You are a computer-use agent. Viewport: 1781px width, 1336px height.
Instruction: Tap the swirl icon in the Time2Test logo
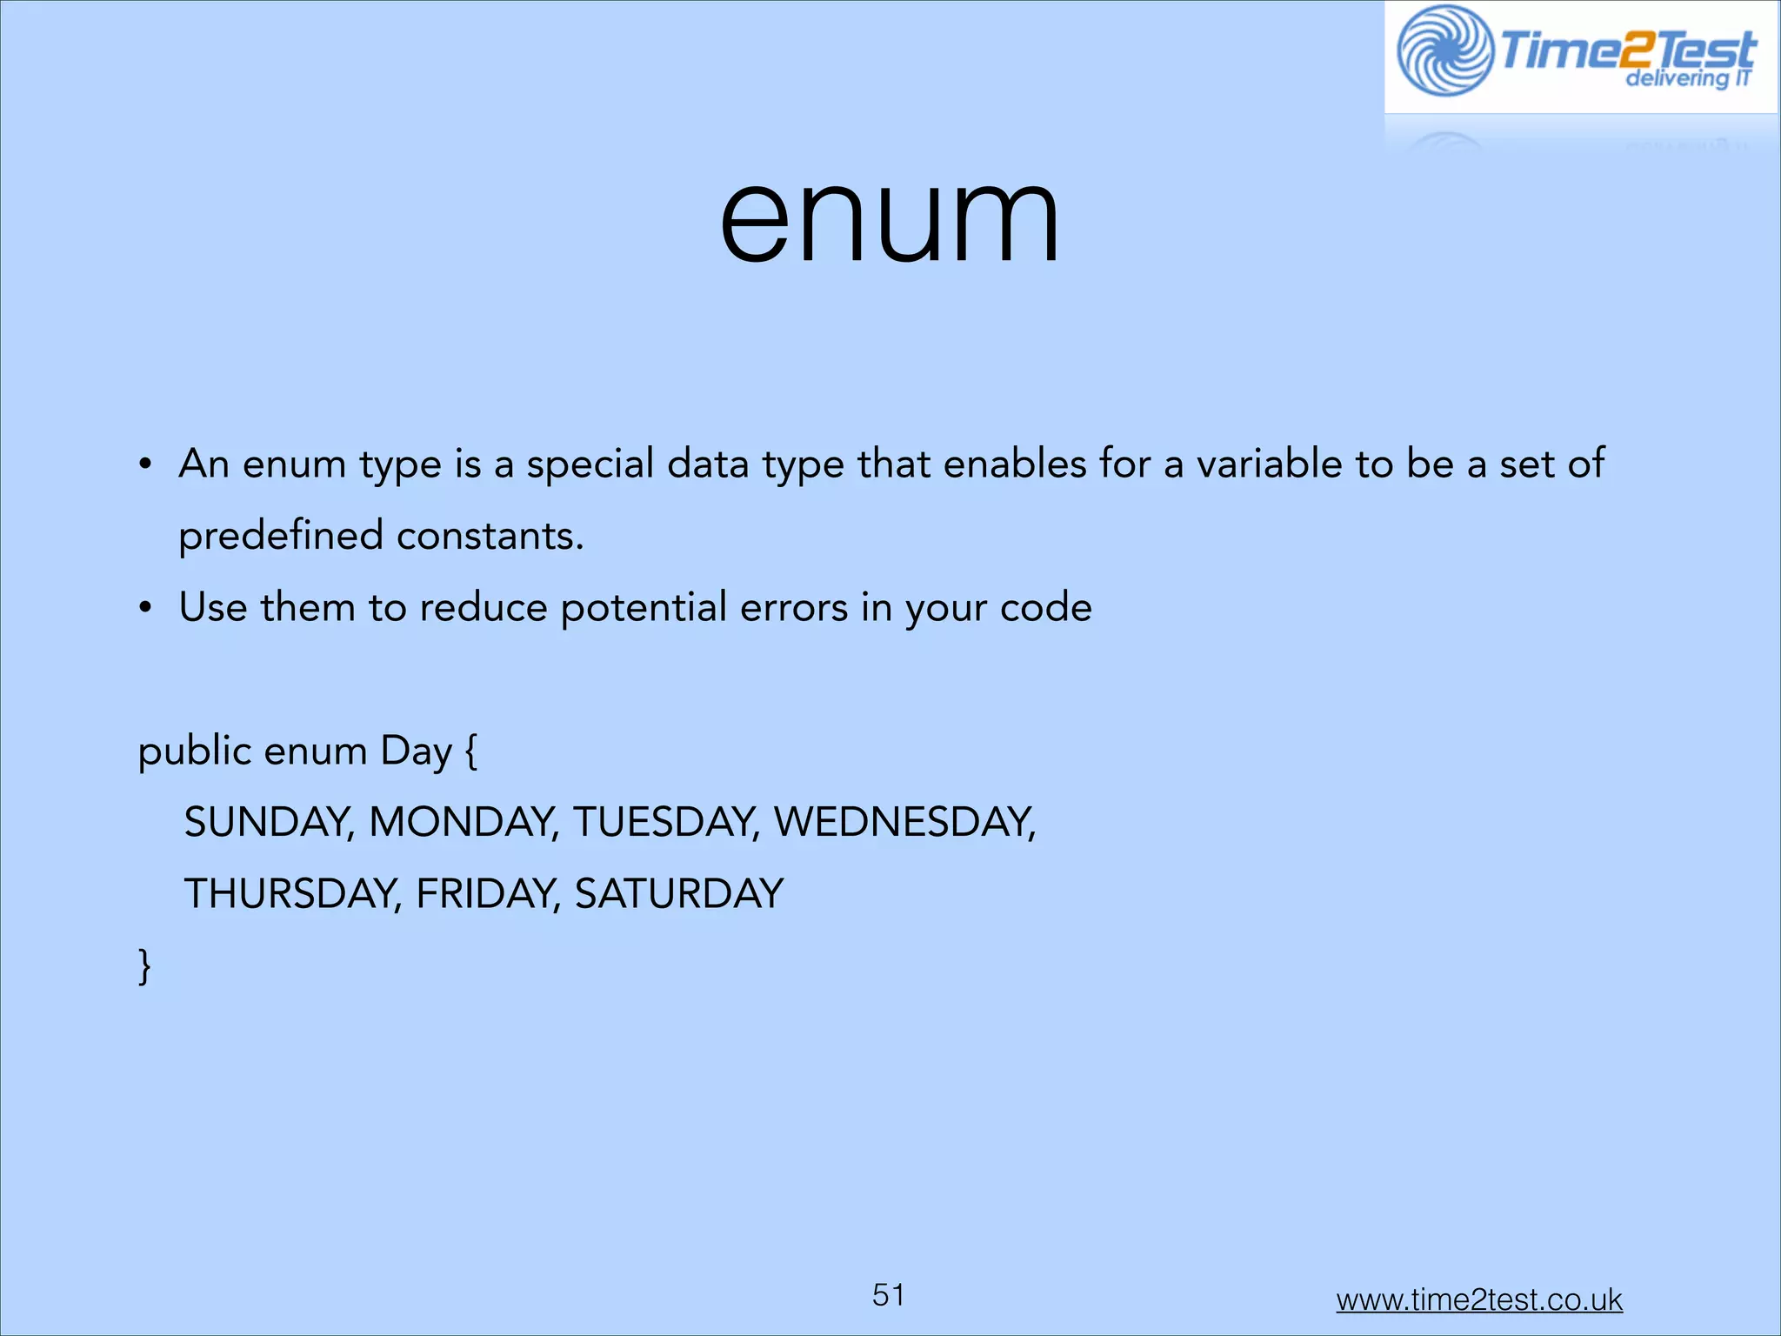1444,50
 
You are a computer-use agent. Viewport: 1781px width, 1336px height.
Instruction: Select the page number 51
889,1295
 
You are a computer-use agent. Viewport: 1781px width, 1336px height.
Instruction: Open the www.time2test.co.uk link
1479,1299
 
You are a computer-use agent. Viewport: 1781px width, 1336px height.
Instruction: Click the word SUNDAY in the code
266,823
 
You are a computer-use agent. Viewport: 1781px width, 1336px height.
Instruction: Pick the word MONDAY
461,823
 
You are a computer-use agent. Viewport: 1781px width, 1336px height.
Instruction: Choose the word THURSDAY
290,894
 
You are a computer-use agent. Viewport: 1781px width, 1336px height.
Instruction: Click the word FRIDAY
485,894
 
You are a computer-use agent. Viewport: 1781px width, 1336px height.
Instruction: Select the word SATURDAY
679,894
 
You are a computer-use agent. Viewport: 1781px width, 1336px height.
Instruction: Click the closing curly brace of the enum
144,966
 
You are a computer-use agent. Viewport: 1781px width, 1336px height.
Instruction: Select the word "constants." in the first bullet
490,536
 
